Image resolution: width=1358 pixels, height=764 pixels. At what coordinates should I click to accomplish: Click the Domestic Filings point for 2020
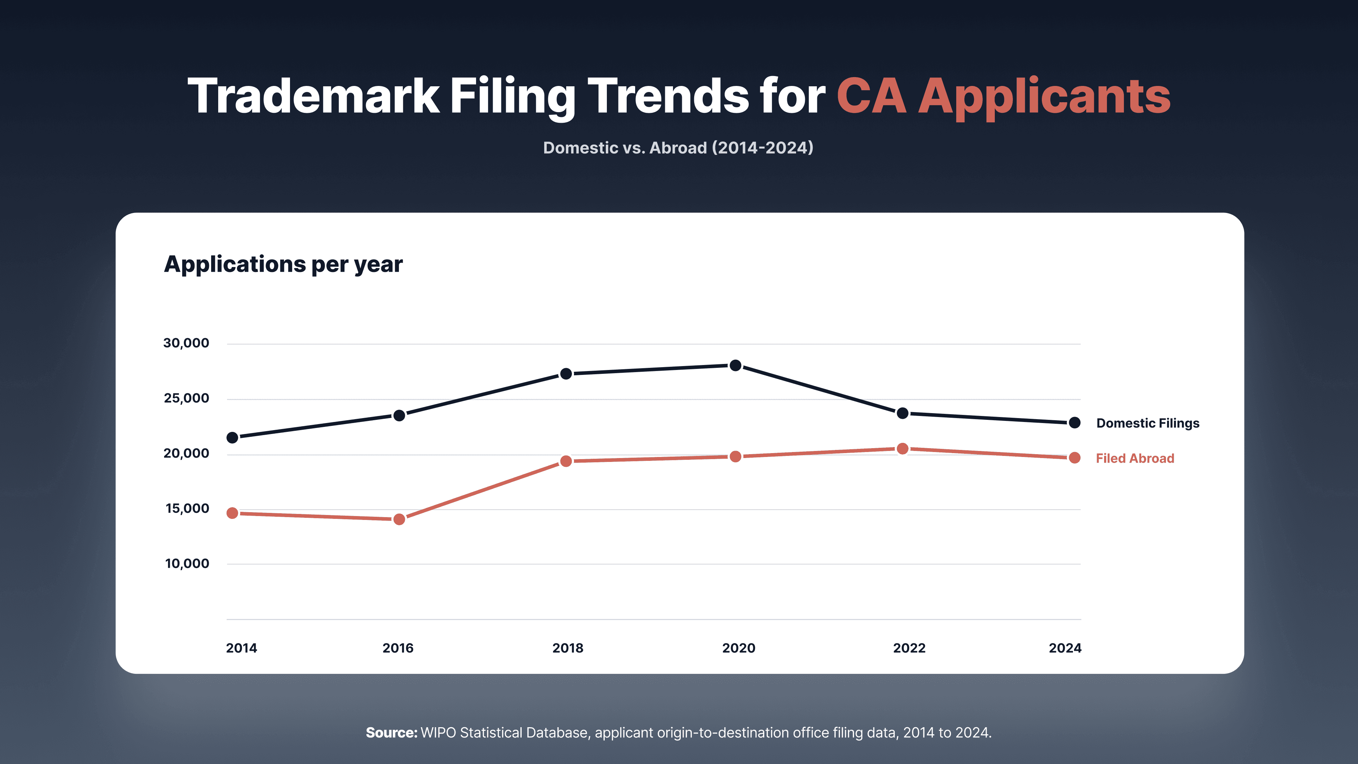click(736, 365)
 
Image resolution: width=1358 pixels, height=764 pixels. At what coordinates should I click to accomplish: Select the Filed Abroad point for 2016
click(399, 519)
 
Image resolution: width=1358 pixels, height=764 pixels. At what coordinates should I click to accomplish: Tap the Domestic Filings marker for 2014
click(232, 438)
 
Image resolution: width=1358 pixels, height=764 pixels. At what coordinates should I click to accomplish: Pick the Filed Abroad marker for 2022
click(903, 449)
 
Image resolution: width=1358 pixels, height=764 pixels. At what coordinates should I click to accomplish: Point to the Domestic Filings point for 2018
click(566, 374)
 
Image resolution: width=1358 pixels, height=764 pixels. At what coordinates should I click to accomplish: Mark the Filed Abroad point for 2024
click(1074, 458)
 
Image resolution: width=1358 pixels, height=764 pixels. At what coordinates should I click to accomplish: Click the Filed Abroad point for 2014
click(232, 513)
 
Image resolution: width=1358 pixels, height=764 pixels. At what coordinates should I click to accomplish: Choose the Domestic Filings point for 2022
click(903, 413)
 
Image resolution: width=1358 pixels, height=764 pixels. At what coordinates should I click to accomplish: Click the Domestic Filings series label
click(1148, 423)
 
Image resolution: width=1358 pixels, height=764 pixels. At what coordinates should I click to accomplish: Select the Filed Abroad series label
click(1135, 458)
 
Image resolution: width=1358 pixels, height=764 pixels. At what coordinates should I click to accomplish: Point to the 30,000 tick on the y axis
click(186, 343)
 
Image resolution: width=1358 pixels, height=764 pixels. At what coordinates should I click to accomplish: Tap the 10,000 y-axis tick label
click(187, 564)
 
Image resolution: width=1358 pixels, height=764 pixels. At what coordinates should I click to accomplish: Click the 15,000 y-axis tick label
click(187, 509)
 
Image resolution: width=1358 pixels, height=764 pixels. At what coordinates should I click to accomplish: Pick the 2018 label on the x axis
click(568, 648)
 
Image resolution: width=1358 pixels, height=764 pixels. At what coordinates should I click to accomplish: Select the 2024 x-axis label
click(1065, 648)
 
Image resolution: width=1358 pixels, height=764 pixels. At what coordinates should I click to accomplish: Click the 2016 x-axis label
click(398, 648)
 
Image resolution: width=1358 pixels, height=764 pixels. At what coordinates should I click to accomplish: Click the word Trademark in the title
click(314, 96)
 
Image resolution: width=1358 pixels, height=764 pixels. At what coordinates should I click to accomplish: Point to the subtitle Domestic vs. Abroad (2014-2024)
click(679, 147)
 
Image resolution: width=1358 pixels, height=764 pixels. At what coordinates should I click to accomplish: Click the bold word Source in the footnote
click(392, 733)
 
